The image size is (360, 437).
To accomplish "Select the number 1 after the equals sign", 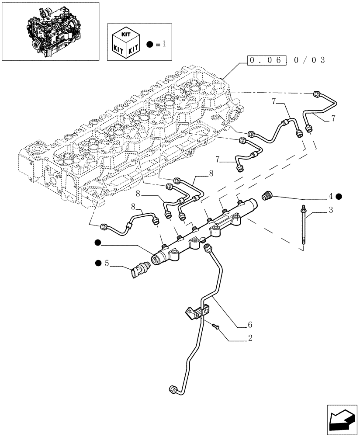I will pyautogui.click(x=164, y=44).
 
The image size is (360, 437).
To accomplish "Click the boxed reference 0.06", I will pyautogui.click(x=267, y=60).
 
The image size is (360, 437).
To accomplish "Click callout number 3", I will pyautogui.click(x=331, y=211).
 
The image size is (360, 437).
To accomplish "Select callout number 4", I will pyautogui.click(x=331, y=196).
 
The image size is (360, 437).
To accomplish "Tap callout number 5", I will pyautogui.click(x=106, y=263).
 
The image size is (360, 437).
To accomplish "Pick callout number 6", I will pyautogui.click(x=250, y=325).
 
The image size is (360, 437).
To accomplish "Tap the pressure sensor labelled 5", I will pyautogui.click(x=138, y=271).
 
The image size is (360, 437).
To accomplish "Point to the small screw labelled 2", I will pyautogui.click(x=215, y=326).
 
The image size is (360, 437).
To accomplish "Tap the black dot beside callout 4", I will pyautogui.click(x=339, y=197).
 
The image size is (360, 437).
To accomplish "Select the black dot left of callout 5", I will pyautogui.click(x=98, y=263).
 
